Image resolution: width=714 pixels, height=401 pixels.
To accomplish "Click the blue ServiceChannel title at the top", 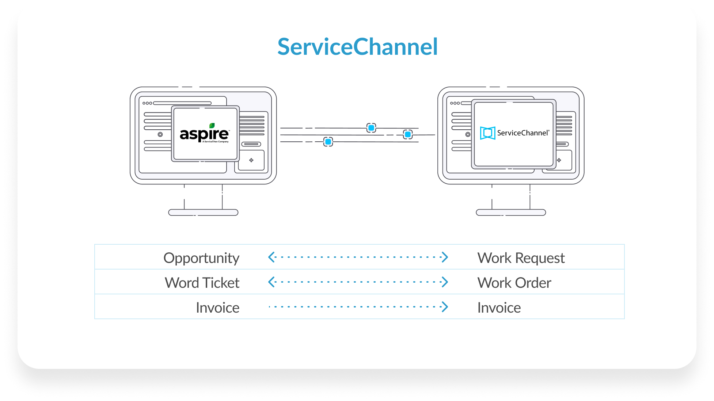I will pyautogui.click(x=357, y=47).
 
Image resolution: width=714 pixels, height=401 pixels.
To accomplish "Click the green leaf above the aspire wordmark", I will pyautogui.click(x=212, y=125).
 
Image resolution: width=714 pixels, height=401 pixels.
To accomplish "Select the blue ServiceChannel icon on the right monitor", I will pyautogui.click(x=487, y=133).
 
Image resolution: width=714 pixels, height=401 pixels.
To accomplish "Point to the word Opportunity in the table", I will pyautogui.click(x=201, y=258).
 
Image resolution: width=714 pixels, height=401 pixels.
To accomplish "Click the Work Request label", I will pyautogui.click(x=521, y=258).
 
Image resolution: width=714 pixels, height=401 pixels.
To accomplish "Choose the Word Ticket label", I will pyautogui.click(x=202, y=283).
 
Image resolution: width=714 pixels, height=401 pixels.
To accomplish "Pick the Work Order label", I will pyautogui.click(x=514, y=283).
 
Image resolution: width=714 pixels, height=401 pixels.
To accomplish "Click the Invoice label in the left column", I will pyautogui.click(x=217, y=308).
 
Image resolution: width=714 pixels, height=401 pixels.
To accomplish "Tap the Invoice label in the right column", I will pyautogui.click(x=499, y=308).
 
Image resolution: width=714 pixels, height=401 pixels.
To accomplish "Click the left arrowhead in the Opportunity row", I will pyautogui.click(x=271, y=257).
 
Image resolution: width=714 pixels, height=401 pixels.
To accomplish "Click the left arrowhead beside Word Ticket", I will pyautogui.click(x=271, y=282).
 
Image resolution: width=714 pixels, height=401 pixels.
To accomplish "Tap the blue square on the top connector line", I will pyautogui.click(x=371, y=128).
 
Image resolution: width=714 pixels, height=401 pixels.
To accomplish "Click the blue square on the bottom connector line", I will pyautogui.click(x=328, y=142).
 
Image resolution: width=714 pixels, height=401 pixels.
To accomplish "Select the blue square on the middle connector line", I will pyautogui.click(x=408, y=134).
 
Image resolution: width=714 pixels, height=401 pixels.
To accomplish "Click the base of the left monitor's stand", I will pyautogui.click(x=203, y=213).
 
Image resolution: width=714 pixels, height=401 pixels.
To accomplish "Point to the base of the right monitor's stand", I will pyautogui.click(x=511, y=213).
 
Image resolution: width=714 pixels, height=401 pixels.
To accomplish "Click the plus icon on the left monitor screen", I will pyautogui.click(x=251, y=160).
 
